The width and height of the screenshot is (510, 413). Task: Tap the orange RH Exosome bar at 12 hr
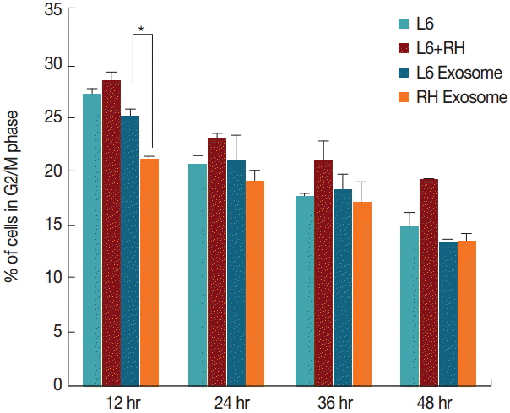point(149,271)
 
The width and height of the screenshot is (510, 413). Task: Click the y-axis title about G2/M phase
point(16,198)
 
